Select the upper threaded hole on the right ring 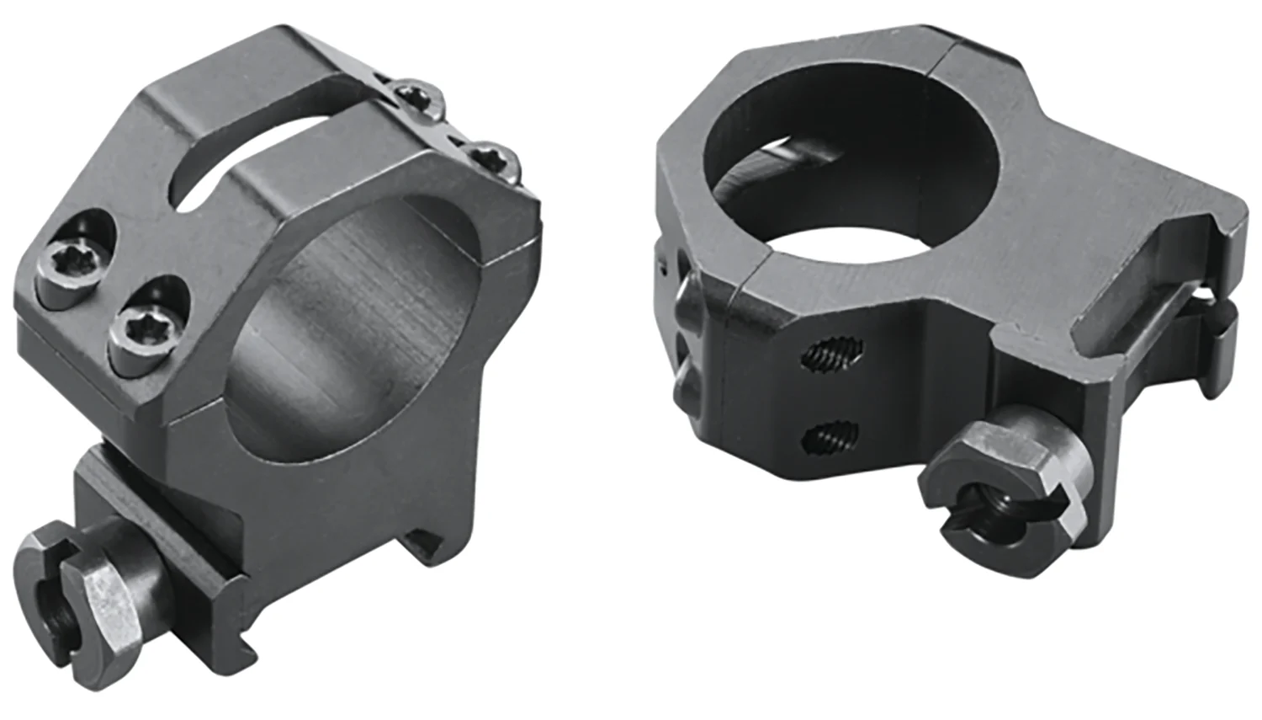[832, 355]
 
